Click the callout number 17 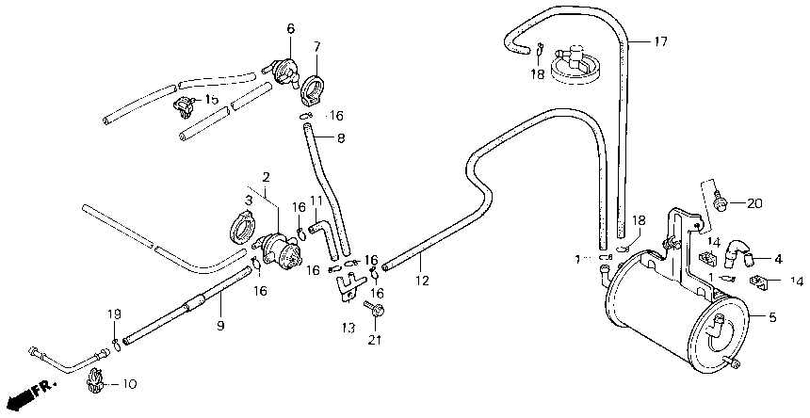(x=660, y=40)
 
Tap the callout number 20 (x=753, y=203)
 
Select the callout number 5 (x=772, y=318)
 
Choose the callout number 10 (x=129, y=385)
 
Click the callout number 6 (x=290, y=29)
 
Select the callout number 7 (x=316, y=45)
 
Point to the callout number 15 (x=211, y=100)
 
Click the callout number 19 (x=113, y=314)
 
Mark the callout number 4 (x=778, y=259)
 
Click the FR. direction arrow (x=28, y=391)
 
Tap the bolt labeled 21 (x=378, y=309)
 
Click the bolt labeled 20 (x=721, y=201)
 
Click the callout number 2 (x=267, y=176)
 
